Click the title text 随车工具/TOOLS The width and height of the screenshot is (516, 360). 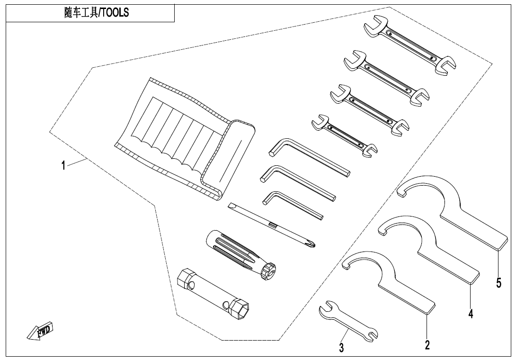click(x=96, y=13)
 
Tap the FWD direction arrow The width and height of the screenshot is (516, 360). click(x=41, y=331)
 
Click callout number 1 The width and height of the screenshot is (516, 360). click(x=62, y=166)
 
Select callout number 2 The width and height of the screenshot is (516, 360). click(x=427, y=345)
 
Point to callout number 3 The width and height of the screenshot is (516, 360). click(x=341, y=348)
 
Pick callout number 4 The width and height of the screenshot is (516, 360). click(x=471, y=313)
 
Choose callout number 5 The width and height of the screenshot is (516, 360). click(x=498, y=283)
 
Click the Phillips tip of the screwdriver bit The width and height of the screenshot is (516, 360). click(x=310, y=244)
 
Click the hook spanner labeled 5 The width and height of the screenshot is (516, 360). click(x=454, y=213)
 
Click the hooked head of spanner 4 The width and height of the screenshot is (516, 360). click(x=398, y=225)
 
